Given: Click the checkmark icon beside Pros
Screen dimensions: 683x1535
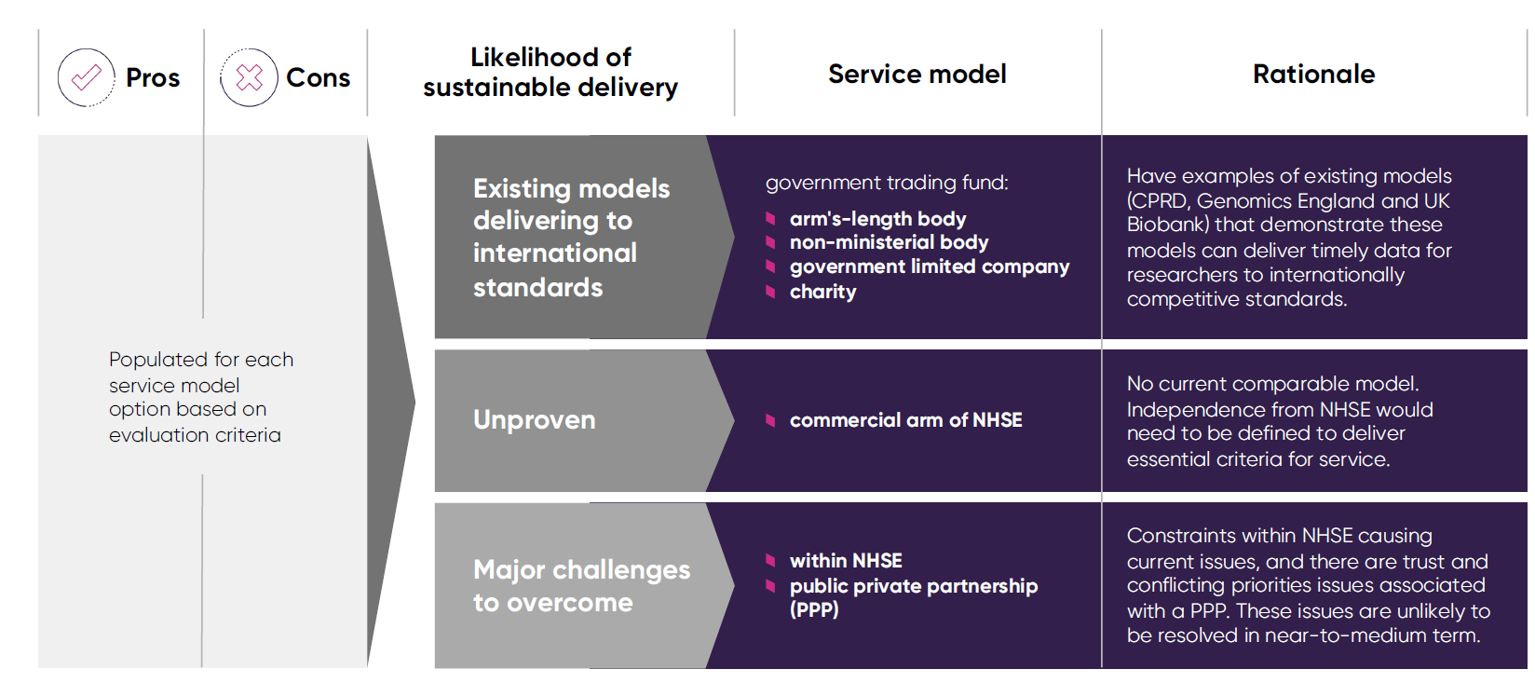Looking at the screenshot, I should pos(86,77).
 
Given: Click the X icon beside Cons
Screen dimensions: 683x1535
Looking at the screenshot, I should pos(249,77).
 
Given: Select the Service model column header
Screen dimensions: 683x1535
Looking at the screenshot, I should pos(917,74).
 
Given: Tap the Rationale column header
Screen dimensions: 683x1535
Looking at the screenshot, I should pos(1313,74).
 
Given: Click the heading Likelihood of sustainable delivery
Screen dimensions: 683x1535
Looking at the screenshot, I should pos(550,72).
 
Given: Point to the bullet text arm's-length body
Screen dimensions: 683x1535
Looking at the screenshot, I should pos(877,219).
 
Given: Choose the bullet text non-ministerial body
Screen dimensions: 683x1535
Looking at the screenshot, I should pos(889,242).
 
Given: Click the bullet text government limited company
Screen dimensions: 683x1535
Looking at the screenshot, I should pos(929,266).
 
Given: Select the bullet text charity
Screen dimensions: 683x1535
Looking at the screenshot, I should pos(822,292).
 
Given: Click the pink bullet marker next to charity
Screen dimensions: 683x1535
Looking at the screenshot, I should pos(770,292).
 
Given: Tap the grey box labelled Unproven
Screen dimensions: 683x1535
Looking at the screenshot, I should pos(534,420).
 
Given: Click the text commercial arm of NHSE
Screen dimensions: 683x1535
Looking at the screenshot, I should pos(905,420).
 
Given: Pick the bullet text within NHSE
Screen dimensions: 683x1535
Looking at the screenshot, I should pos(846,561).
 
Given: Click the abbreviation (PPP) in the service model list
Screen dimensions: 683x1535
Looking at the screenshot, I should pos(814,610).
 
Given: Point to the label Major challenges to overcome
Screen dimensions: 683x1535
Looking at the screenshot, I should pos(580,586).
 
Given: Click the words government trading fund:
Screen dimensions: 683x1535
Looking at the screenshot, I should pos(887,183).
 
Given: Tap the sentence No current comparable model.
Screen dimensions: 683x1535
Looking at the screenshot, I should pos(1272,384).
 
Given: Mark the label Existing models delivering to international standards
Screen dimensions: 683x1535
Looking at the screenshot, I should pos(570,238).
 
